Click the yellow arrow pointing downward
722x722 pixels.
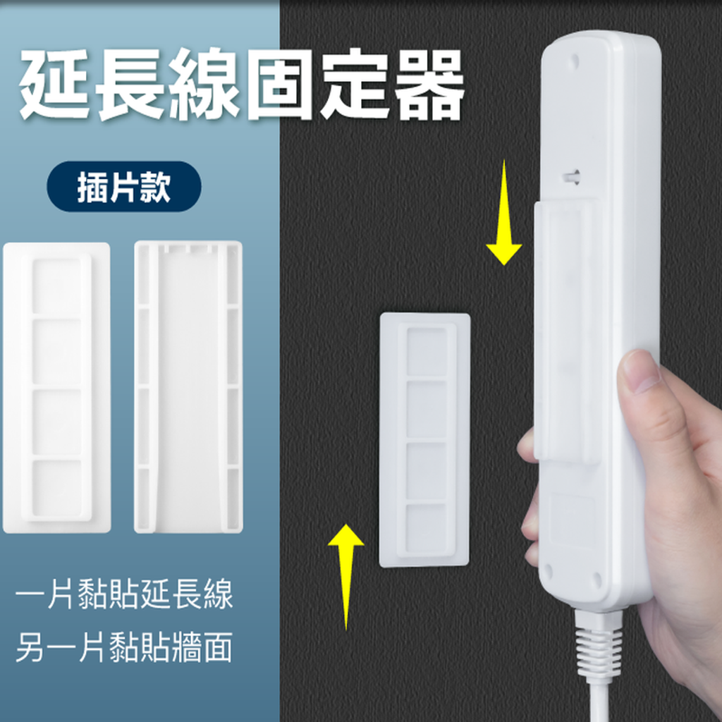click(504, 213)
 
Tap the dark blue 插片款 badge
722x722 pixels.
click(124, 186)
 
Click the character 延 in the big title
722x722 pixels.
click(55, 85)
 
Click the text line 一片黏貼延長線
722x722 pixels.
click(124, 594)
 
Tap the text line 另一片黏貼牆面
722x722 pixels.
click(124, 647)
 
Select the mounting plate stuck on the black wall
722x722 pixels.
click(424, 440)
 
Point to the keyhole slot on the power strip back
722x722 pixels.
click(571, 176)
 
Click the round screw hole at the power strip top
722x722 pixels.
click(574, 60)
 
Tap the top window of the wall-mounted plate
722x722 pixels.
click(427, 353)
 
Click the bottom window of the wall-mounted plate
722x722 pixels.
click(427, 527)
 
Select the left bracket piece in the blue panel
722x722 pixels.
click(56, 388)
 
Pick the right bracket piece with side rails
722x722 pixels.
click(188, 387)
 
